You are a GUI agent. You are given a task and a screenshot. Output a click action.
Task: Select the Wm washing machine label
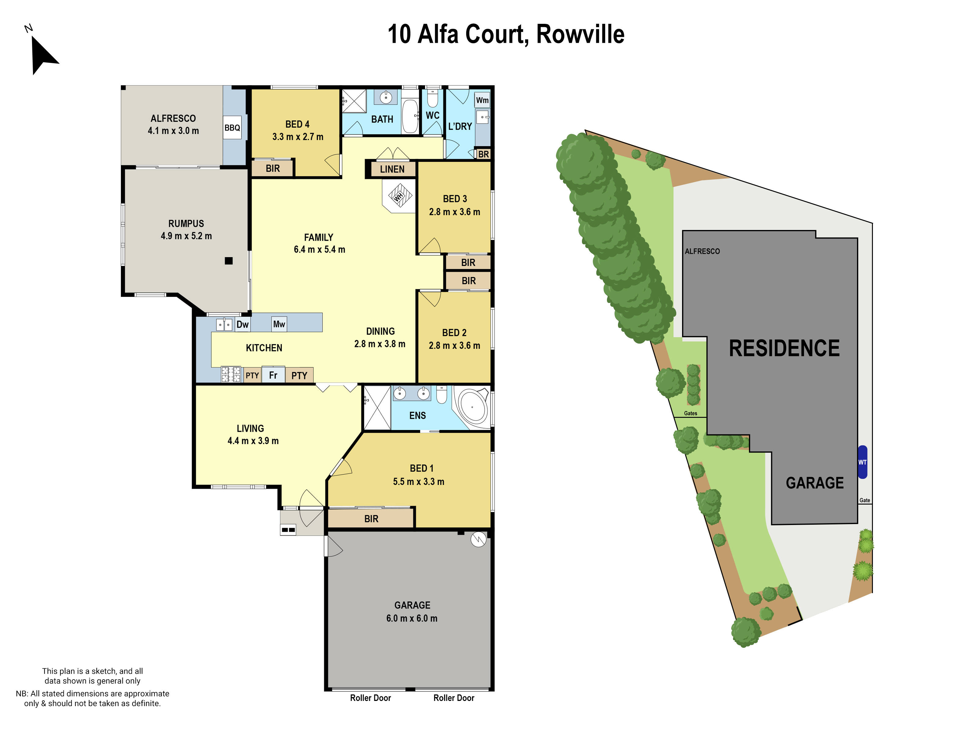[482, 100]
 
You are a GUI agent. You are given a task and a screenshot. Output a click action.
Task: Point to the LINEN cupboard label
[392, 169]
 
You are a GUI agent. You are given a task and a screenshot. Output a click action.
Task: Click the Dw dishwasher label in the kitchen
[242, 325]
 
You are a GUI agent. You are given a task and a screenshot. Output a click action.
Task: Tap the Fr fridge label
[273, 375]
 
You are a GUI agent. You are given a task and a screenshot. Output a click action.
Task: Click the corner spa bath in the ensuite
[473, 407]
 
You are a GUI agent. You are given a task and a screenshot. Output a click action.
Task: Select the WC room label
[432, 115]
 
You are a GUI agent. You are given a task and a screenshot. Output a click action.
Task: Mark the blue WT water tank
[862, 462]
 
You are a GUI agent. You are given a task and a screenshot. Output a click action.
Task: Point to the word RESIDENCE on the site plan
[784, 348]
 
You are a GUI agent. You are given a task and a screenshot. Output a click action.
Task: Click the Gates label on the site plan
[690, 414]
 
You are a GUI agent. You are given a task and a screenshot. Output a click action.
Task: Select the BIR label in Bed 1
[371, 519]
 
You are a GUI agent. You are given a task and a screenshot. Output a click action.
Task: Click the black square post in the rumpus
[229, 261]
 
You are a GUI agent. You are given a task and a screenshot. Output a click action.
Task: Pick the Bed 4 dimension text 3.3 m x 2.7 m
[298, 137]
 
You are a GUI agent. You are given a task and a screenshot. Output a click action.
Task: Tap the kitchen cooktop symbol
[231, 374]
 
